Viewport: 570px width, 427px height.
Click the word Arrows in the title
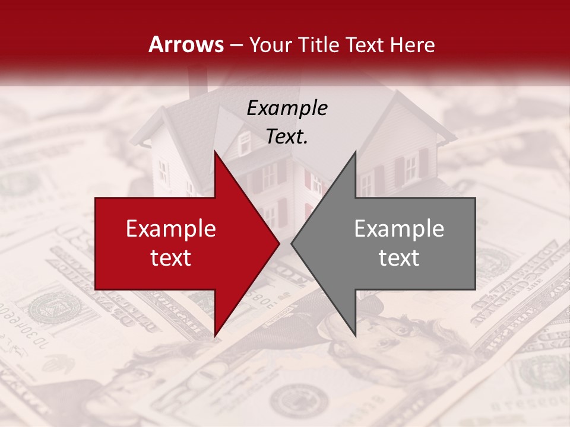[x=186, y=44]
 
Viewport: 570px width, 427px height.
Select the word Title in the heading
[x=319, y=45]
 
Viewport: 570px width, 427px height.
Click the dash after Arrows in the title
[x=236, y=45]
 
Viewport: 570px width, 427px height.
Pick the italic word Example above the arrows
[x=287, y=109]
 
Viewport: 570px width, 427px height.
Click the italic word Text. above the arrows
[x=287, y=137]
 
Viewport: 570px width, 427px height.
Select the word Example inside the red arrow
[x=171, y=229]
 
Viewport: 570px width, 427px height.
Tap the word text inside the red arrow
[x=171, y=258]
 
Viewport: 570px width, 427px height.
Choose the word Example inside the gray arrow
[x=399, y=229]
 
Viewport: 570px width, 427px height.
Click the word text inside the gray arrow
[x=399, y=258]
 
